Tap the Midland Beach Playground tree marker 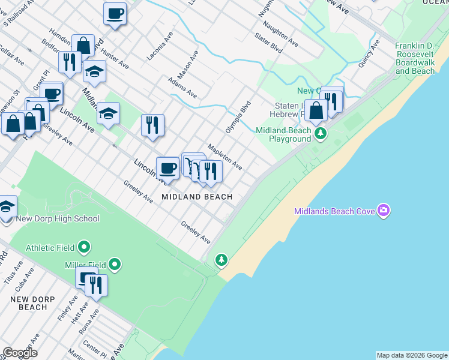coord(321,133)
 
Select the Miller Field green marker coord(115,264)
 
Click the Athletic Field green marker coord(85,247)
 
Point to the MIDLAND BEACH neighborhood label coord(196,197)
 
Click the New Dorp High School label coord(58,219)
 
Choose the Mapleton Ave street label coord(224,157)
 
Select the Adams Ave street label coord(182,88)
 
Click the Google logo coord(19,353)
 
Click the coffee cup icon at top coord(115,13)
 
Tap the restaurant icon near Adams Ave coord(152,125)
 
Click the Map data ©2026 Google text coord(411,355)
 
